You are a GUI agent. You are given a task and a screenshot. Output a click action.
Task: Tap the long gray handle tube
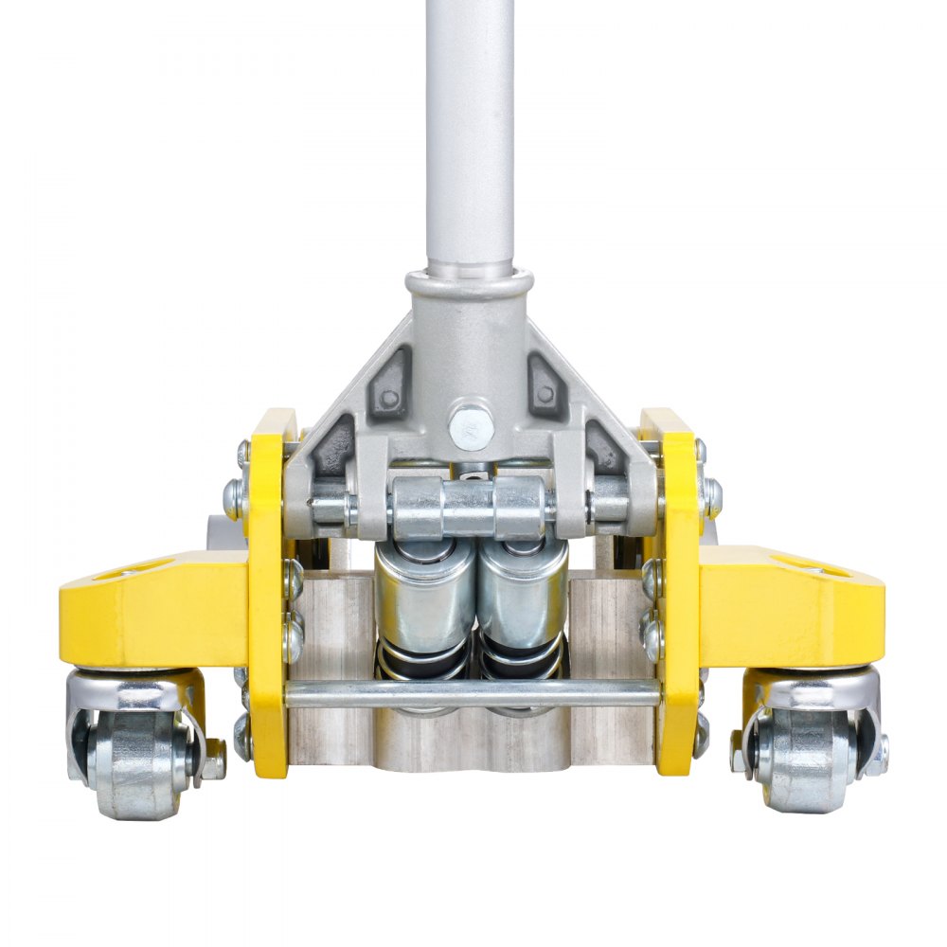point(471,133)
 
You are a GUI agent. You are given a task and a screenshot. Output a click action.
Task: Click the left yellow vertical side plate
point(269,587)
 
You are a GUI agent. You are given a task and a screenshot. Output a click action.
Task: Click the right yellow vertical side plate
point(679,587)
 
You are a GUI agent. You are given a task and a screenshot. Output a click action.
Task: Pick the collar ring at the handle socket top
point(471,282)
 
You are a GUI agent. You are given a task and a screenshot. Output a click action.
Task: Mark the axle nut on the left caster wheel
point(214,758)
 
